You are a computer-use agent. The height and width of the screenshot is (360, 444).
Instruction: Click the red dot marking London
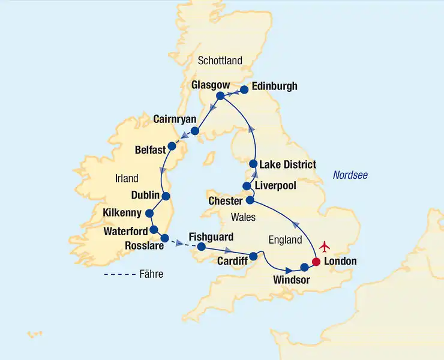[316, 262]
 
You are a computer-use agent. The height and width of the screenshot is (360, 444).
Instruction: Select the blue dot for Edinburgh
[245, 91]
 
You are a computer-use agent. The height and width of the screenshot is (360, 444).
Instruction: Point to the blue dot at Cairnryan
[195, 130]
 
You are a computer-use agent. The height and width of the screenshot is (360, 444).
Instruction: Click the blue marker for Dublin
[166, 196]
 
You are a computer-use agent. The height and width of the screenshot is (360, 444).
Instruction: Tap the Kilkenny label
[122, 213]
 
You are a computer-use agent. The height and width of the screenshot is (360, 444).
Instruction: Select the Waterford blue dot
[154, 229]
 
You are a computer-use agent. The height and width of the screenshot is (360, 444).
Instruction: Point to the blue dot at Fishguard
[202, 247]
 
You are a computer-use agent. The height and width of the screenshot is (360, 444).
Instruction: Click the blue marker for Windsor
[304, 267]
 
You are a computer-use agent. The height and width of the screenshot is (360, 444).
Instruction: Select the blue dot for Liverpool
[246, 186]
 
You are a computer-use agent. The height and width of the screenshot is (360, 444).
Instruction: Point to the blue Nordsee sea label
[350, 175]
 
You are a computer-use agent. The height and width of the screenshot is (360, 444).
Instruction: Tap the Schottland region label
[220, 61]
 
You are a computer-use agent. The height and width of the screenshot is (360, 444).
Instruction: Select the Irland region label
[126, 178]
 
